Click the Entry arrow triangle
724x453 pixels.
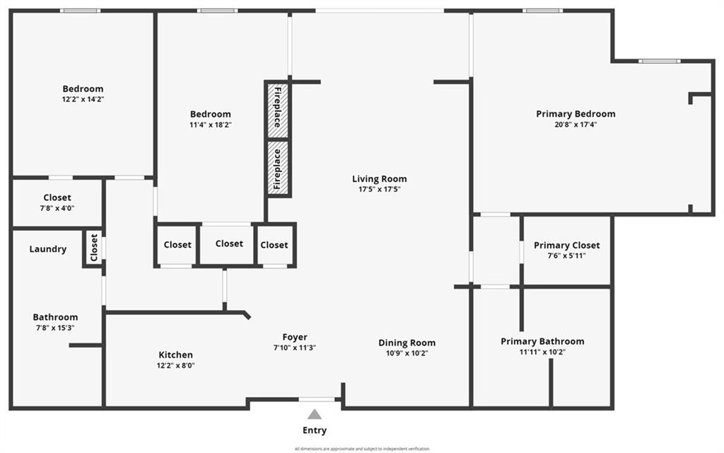315,415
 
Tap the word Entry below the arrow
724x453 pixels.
315,430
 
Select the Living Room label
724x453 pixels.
380,179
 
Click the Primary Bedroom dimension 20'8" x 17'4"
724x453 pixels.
576,125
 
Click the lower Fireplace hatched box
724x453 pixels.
278,168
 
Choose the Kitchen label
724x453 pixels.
175,355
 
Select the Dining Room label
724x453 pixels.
407,343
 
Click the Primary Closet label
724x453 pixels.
566,245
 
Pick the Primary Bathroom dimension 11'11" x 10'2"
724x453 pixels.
542,352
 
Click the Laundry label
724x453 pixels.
48,249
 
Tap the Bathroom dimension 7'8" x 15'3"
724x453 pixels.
55,328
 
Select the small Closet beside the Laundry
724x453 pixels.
93,248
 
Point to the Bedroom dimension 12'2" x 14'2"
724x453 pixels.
83,99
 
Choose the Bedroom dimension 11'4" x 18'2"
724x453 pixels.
210,125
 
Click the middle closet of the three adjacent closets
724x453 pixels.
228,243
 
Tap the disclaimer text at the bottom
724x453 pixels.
362,449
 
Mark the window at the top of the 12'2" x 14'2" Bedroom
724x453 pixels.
79,11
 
